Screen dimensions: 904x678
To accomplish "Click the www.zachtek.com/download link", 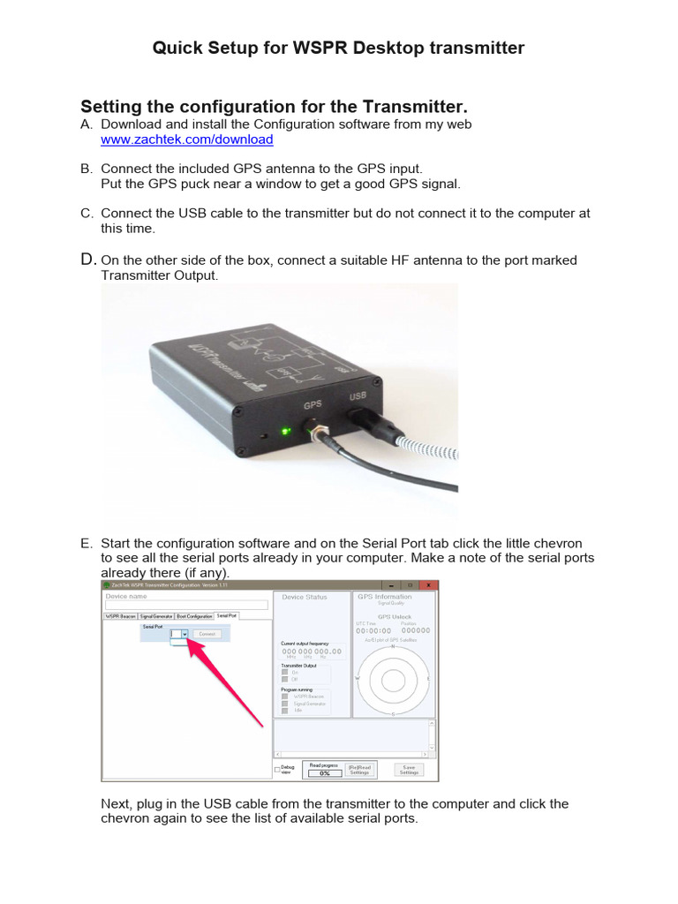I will tap(186, 139).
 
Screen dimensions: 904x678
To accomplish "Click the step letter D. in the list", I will tap(87, 259).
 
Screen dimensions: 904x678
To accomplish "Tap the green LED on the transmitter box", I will tap(284, 432).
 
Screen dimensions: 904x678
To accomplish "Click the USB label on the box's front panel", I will tap(358, 395).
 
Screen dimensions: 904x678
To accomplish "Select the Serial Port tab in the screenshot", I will tap(227, 615).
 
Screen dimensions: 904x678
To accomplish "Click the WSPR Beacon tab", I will tap(121, 615).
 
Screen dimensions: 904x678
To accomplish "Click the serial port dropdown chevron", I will tap(185, 634).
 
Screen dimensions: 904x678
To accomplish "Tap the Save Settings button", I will tap(408, 770).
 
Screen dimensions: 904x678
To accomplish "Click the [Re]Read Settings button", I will tap(359, 770).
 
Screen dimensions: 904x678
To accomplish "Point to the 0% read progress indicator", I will tap(324, 773).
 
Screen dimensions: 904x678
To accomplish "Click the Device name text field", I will tap(186, 606).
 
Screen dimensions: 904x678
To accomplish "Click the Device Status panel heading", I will tap(304, 597).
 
